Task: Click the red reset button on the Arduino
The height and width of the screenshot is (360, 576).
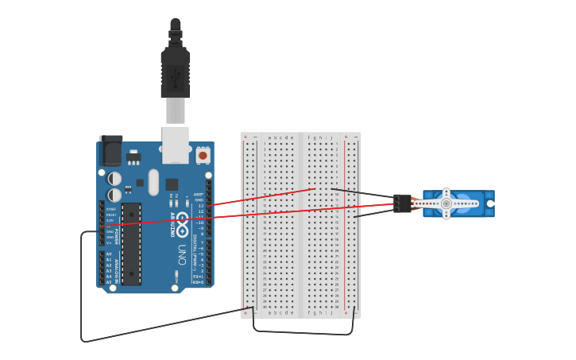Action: tap(203, 156)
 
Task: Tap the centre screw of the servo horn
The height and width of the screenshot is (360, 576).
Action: tap(446, 203)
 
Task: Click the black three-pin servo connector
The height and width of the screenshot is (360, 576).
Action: tap(402, 203)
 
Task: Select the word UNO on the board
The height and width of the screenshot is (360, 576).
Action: tap(182, 254)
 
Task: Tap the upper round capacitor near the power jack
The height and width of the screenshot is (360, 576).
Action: tap(115, 179)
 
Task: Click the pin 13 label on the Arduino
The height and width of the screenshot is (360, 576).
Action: tap(200, 206)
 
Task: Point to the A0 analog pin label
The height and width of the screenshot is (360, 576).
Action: tap(109, 254)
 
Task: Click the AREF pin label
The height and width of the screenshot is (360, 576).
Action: tap(199, 194)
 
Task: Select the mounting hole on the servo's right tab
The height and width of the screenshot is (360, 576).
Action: tap(490, 203)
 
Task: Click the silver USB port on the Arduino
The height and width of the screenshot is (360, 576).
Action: tap(176, 144)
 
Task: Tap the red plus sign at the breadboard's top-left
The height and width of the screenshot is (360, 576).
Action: tap(245, 137)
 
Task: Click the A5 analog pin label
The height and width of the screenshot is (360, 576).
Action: tap(109, 282)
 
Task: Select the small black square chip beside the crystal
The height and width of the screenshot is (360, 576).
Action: tap(172, 184)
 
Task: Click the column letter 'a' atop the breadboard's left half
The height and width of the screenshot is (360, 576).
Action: tap(269, 137)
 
